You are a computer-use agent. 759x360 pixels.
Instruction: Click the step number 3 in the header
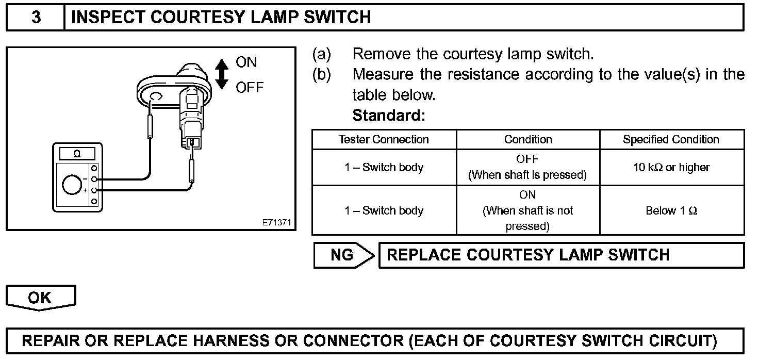click(36, 17)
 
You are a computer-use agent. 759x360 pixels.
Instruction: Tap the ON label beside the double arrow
click(246, 62)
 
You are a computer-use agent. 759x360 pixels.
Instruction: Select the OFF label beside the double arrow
click(250, 87)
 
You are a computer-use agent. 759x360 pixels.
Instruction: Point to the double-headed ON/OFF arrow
click(222, 74)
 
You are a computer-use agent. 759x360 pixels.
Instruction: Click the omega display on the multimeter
click(77, 154)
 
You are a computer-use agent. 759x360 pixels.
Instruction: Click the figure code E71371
click(277, 223)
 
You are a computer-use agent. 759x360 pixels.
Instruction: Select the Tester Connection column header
click(384, 140)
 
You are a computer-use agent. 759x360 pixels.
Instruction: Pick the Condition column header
click(527, 140)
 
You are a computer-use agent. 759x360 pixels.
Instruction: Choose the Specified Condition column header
click(671, 140)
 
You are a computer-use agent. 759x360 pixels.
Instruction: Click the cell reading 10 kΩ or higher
click(671, 168)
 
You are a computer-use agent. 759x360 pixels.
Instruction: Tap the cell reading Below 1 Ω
click(671, 210)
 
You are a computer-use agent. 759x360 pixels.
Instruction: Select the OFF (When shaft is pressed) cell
click(527, 168)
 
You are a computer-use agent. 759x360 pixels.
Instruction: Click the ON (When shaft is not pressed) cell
click(527, 210)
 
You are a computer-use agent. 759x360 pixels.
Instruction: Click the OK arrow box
click(40, 298)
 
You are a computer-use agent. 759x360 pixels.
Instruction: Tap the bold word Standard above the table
click(388, 116)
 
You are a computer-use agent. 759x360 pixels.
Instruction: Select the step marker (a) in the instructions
click(321, 54)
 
